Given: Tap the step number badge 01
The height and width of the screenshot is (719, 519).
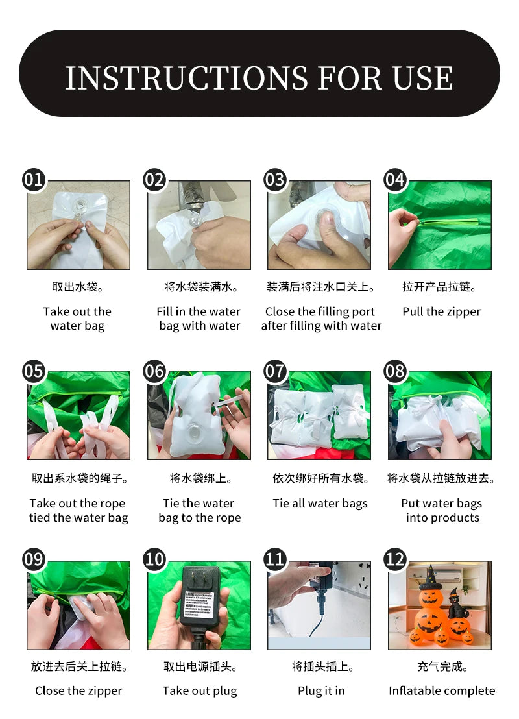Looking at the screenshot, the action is [x=34, y=179].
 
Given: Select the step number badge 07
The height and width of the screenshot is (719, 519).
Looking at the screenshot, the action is [x=274, y=371].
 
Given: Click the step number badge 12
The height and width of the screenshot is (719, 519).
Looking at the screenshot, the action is [x=395, y=559].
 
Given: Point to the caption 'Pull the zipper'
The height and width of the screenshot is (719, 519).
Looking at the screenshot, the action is [x=442, y=312].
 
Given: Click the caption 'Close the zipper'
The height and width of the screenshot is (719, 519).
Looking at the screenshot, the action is [x=78, y=690].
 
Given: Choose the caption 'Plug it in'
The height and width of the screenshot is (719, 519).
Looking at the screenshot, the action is [x=321, y=690].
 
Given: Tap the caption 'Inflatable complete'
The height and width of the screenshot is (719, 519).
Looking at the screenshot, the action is [x=442, y=690].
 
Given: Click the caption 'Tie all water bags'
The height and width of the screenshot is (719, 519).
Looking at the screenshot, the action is [x=320, y=504].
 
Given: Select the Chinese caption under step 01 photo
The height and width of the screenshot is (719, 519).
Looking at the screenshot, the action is [x=78, y=287].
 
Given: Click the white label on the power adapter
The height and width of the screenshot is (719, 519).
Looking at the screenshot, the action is [x=199, y=604].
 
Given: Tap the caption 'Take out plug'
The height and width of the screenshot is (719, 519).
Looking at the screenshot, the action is [x=199, y=690].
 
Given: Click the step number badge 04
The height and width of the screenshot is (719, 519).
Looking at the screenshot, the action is [x=395, y=179].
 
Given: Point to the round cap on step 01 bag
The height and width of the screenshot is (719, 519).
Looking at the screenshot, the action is [x=80, y=206].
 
